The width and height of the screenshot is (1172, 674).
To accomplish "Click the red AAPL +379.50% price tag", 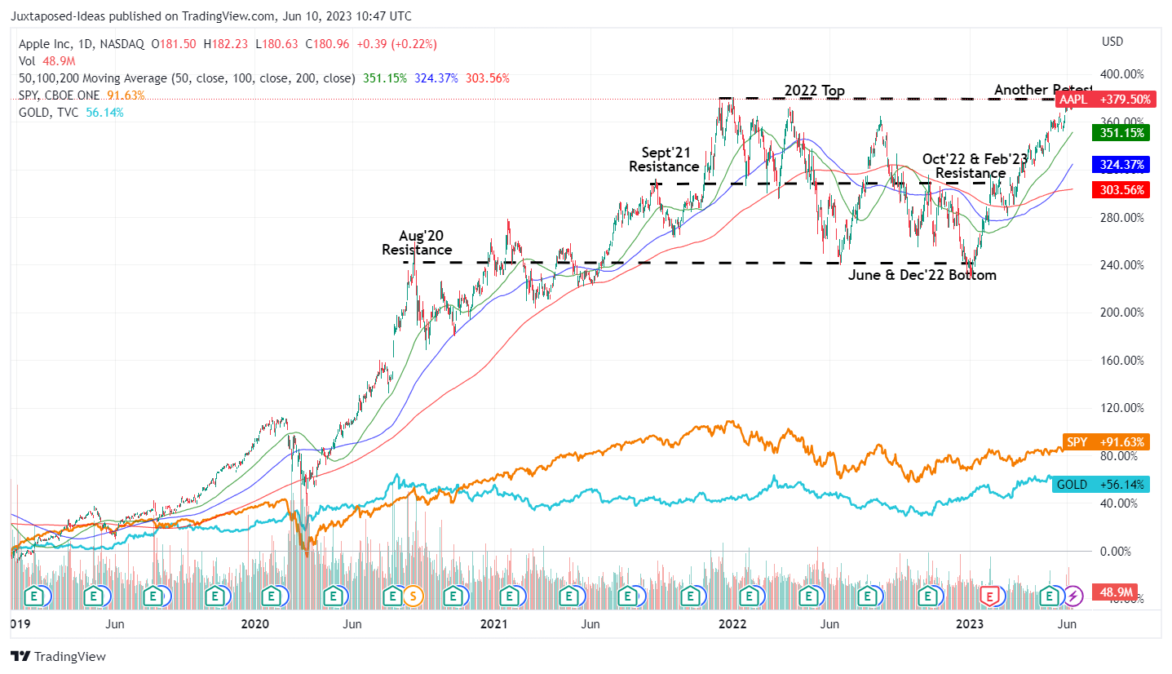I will (x=1105, y=100).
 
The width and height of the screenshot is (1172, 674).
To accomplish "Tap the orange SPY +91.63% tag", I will (x=1105, y=441).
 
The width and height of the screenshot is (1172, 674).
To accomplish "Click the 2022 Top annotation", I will (x=814, y=91).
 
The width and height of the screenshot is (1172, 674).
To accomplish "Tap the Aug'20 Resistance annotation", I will (x=417, y=242).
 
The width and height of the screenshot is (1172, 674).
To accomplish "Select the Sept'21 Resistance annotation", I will (x=664, y=159).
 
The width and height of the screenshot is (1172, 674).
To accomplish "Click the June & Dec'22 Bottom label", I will (x=922, y=275).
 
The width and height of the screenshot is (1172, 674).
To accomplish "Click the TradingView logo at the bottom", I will (x=58, y=656).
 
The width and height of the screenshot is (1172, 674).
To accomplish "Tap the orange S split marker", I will (x=413, y=596).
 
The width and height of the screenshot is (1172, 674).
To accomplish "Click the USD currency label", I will (x=1112, y=42).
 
